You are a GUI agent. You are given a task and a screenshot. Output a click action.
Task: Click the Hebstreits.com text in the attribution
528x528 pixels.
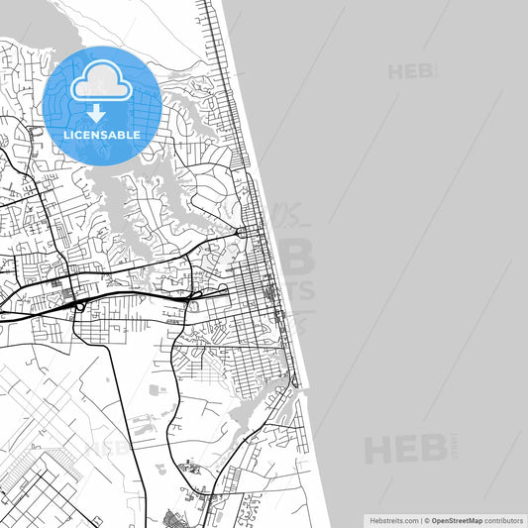pos(393,519)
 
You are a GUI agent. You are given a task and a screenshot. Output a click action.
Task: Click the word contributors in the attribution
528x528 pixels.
pos(505,519)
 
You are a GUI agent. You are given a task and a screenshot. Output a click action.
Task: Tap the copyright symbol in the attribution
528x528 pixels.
pos(427,519)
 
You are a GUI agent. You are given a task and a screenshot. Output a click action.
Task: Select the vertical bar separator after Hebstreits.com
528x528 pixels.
pos(420,519)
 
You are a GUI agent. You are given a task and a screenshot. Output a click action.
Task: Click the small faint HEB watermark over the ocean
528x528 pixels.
pos(410,71)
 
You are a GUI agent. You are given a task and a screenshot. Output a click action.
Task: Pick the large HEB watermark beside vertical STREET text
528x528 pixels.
pos(406,450)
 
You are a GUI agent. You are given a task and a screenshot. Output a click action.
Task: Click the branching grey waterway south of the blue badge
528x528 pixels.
pos(129,198)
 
